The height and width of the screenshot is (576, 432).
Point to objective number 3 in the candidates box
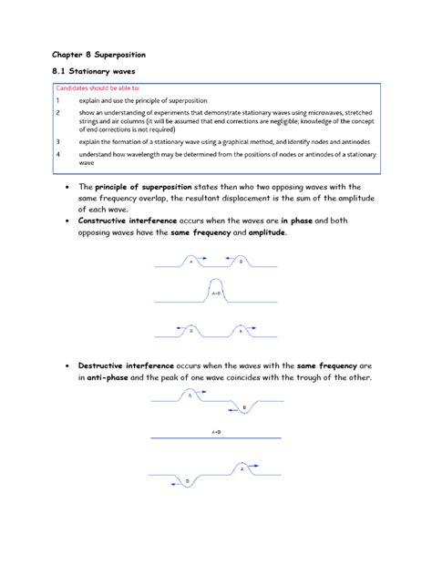58,143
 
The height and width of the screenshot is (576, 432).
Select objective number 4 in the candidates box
58,156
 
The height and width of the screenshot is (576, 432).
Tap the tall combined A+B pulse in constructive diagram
215,293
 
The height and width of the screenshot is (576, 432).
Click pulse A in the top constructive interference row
191,262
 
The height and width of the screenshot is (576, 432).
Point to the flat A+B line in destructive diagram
215,439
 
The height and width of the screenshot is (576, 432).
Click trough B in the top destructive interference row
242,407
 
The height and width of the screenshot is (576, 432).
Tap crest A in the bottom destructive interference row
242,469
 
